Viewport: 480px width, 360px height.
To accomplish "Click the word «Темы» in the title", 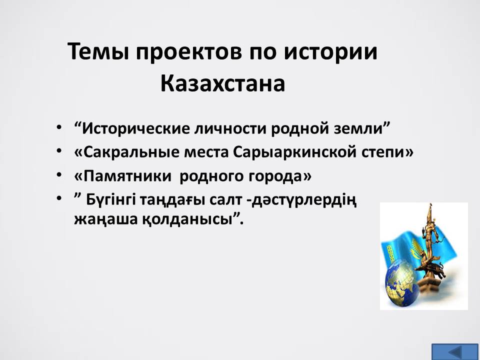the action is (x=98, y=51).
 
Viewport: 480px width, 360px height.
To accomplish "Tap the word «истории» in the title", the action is (x=330, y=52).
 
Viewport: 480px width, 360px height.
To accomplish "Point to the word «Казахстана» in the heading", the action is (x=222, y=83).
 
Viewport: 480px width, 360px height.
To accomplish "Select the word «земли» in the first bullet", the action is (x=359, y=129).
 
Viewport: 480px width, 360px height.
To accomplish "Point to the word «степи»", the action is (x=383, y=153).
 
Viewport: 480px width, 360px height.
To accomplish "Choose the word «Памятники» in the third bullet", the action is (x=126, y=176).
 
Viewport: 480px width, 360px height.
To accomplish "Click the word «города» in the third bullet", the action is (x=275, y=177).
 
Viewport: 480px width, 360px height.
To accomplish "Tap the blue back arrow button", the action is (x=454, y=351).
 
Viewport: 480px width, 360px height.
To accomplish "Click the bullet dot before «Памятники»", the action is (x=59, y=175).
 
